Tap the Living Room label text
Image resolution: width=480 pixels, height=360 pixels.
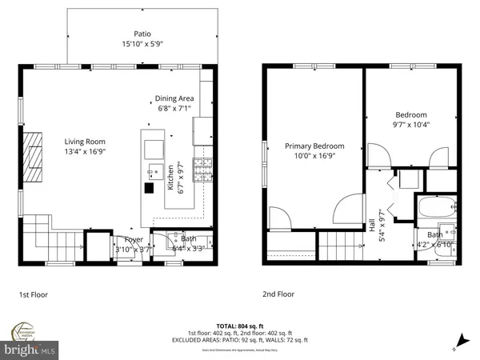(x=85, y=141)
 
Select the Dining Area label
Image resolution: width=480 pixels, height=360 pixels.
(x=175, y=98)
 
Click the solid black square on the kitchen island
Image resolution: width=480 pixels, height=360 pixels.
(x=149, y=189)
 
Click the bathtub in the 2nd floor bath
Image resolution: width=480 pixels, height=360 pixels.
(x=437, y=210)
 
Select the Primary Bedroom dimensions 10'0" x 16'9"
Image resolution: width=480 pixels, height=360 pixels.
(x=315, y=157)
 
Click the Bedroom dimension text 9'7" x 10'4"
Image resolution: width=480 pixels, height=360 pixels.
(x=410, y=125)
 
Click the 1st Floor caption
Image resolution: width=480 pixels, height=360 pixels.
(x=34, y=294)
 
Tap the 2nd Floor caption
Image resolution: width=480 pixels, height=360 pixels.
(x=278, y=294)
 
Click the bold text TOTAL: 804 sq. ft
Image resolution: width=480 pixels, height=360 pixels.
(x=239, y=326)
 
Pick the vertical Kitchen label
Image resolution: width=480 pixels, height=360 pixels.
(x=171, y=178)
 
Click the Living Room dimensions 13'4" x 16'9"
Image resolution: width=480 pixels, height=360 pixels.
(x=85, y=152)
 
